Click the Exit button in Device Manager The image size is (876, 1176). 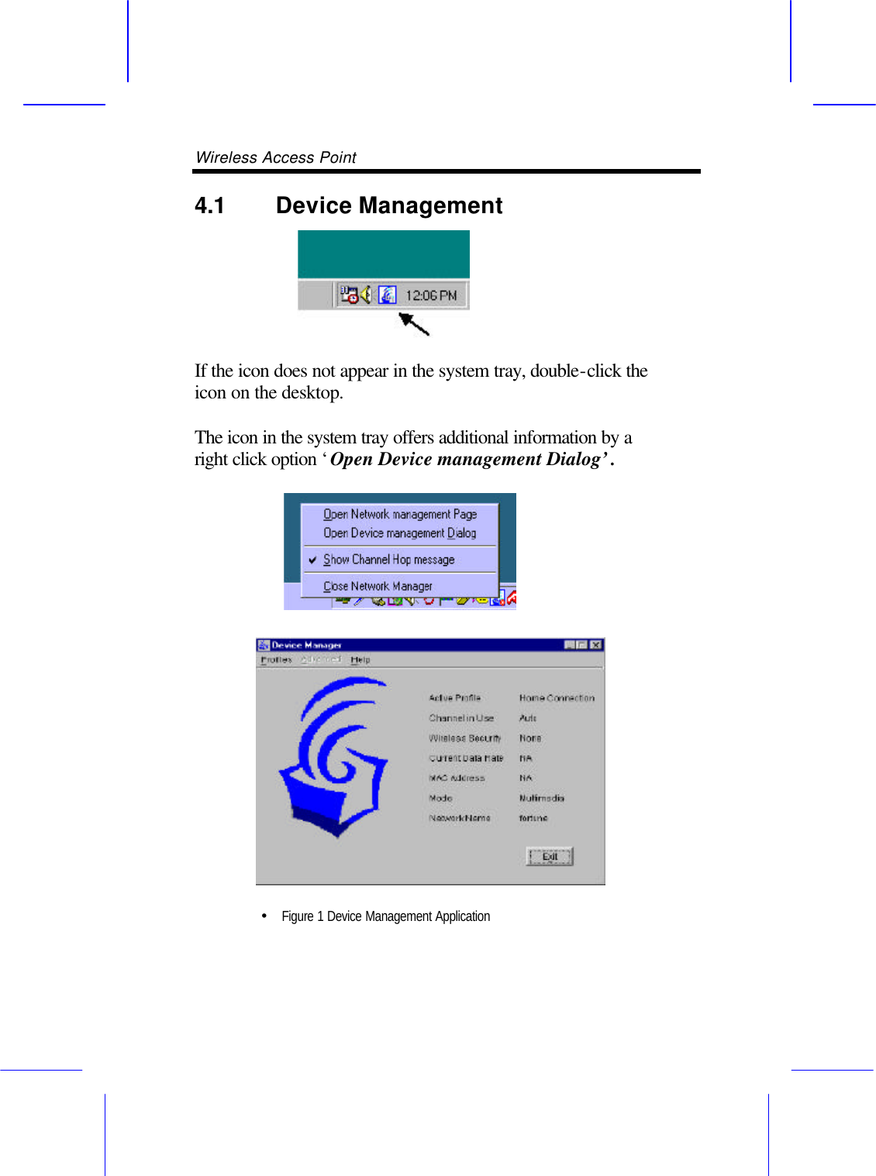click(550, 857)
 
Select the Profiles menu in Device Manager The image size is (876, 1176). click(276, 660)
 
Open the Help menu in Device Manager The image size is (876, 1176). click(360, 660)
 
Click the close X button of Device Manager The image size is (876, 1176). click(595, 645)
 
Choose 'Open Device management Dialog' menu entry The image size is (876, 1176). click(399, 533)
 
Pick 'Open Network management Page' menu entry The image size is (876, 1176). click(399, 514)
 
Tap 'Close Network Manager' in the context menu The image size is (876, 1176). click(378, 586)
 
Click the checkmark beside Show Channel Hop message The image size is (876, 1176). click(312, 560)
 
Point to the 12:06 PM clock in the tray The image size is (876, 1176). click(431, 295)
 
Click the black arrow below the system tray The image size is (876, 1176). click(414, 323)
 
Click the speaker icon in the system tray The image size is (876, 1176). click(366, 295)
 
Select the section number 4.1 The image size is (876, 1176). click(209, 205)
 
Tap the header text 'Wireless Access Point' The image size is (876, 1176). click(276, 157)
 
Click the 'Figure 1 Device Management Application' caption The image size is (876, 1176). click(385, 916)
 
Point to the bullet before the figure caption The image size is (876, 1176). click(264, 916)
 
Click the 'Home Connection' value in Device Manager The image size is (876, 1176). click(557, 698)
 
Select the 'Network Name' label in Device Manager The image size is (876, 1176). click(460, 818)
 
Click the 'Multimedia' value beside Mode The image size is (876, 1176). click(542, 798)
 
